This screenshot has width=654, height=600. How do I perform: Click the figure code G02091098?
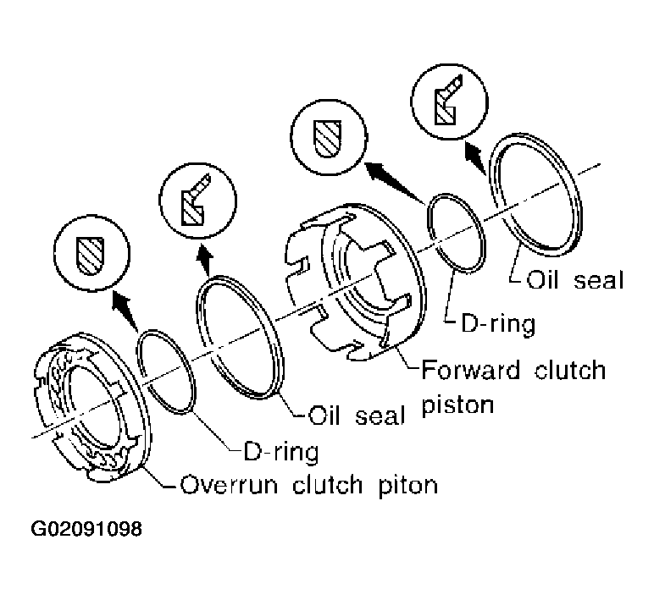coord(87,531)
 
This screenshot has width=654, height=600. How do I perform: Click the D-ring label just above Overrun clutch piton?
coord(280,451)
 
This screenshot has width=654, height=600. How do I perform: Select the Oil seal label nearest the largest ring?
coord(574,280)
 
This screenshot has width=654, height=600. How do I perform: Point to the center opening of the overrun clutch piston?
coord(85,398)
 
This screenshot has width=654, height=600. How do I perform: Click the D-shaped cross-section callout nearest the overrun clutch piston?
coord(86,250)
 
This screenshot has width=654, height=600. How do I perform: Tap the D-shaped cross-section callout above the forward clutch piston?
coord(324,134)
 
